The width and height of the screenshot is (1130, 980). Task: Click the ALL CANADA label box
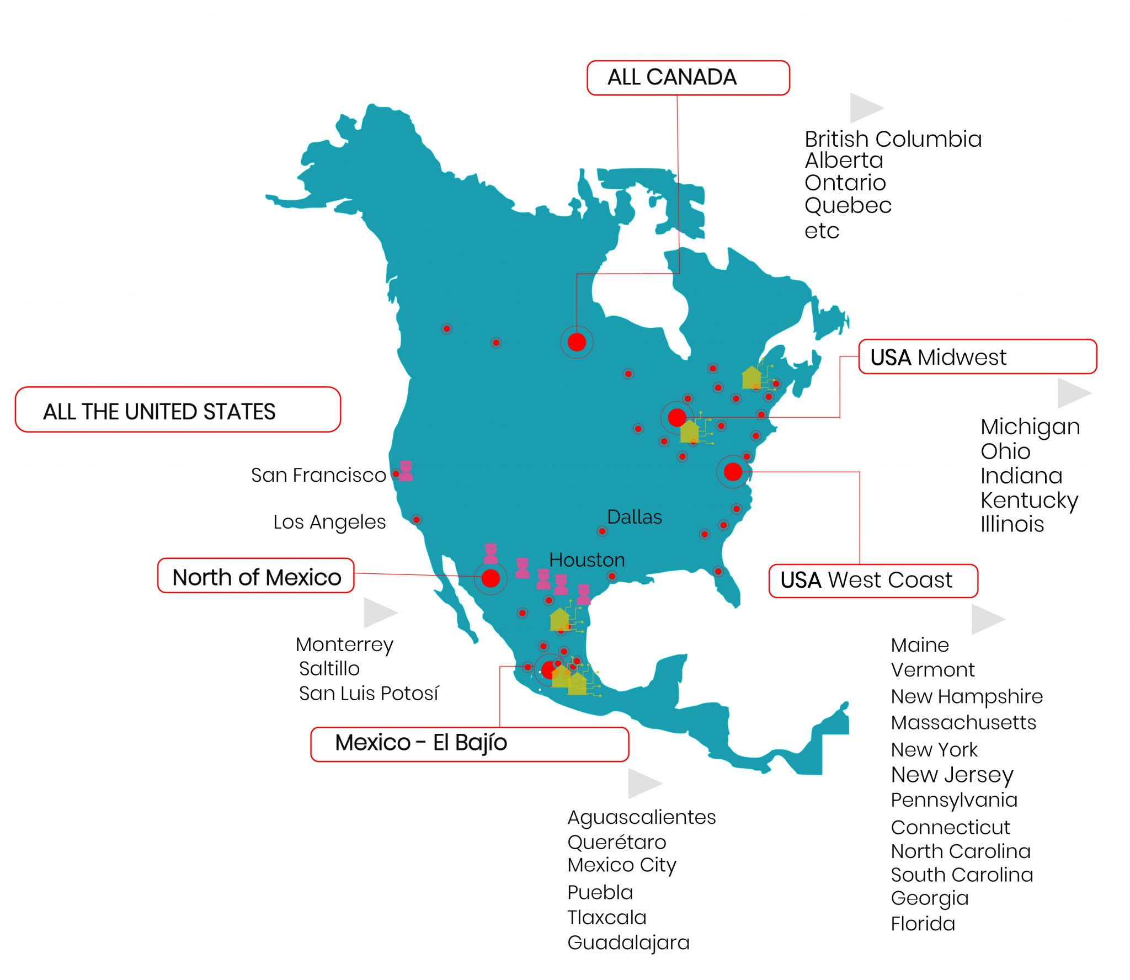[687, 78]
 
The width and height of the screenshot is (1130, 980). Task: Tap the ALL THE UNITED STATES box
[177, 410]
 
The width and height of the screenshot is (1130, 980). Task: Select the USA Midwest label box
[977, 357]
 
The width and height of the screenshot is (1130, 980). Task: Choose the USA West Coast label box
[872, 580]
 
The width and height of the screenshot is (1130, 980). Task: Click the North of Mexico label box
[255, 576]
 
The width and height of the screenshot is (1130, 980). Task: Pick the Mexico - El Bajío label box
[469, 744]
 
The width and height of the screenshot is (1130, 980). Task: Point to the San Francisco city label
[318, 475]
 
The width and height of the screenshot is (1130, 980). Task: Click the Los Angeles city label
[329, 522]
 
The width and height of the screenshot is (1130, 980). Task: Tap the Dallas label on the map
[634, 517]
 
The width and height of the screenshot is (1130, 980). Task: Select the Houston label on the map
[587, 560]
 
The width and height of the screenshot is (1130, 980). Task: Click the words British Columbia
[893, 139]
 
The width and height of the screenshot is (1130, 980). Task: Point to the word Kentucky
[1028, 500]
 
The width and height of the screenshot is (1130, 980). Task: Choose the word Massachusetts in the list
[963, 722]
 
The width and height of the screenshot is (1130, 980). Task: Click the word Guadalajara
[628, 942]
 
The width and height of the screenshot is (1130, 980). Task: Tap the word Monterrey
[344, 645]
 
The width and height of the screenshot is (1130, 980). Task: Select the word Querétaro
[616, 842]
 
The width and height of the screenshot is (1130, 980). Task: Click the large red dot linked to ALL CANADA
[577, 342]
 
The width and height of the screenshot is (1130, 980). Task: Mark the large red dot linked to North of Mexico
[491, 578]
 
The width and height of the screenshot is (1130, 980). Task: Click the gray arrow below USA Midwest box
[1073, 393]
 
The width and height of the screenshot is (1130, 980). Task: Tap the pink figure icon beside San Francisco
[406, 471]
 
